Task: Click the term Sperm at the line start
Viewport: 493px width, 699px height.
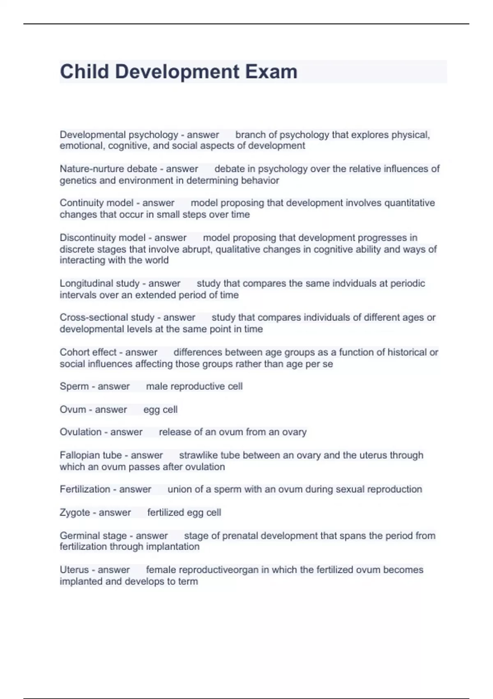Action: point(74,387)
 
